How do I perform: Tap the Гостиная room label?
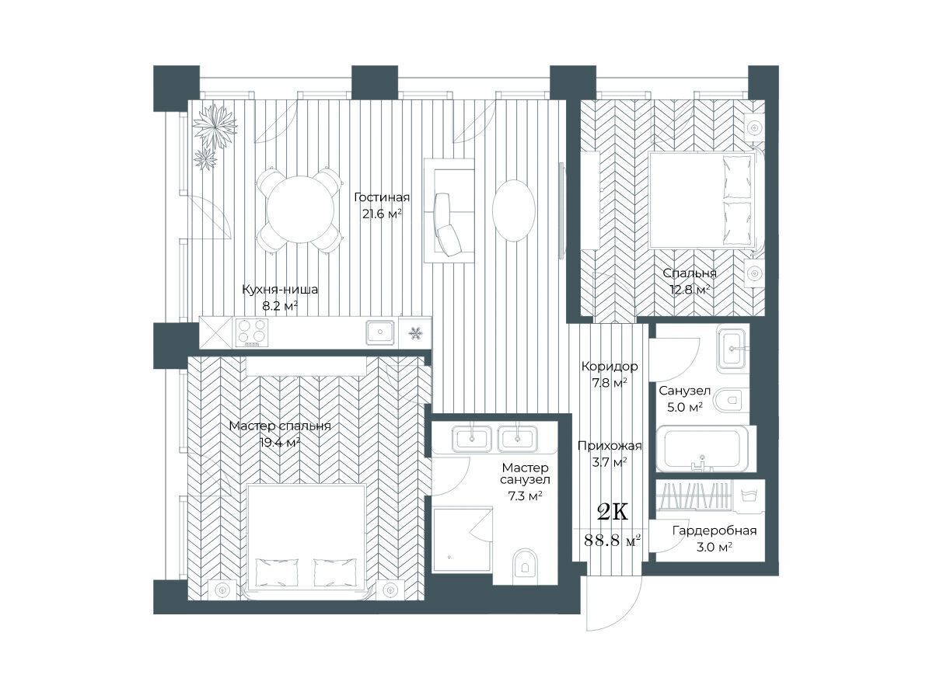tap(382, 197)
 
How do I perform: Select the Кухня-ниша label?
tap(280, 290)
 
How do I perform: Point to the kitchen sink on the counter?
tap(380, 332)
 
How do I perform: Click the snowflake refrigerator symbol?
tap(415, 332)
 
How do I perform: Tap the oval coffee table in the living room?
tap(513, 210)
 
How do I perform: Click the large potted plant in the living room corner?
tap(215, 127)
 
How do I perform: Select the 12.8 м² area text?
tap(690, 290)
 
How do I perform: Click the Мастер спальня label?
tap(280, 426)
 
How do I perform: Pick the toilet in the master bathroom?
tap(525, 564)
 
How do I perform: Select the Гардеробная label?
tap(714, 530)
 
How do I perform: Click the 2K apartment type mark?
tap(612, 513)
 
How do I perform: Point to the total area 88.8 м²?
tap(612, 541)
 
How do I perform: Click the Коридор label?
tap(610, 367)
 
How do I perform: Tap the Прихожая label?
tap(610, 446)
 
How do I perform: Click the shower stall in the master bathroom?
tap(463, 539)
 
